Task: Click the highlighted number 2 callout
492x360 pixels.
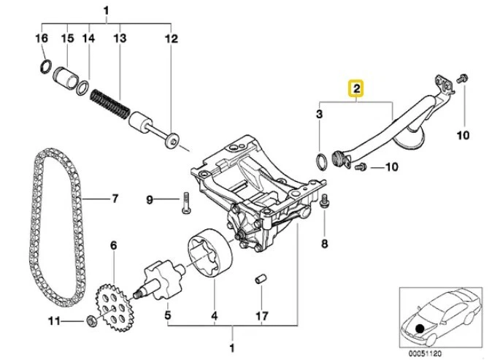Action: [355, 89]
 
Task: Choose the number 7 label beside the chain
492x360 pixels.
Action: [114, 198]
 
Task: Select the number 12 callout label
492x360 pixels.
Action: [172, 37]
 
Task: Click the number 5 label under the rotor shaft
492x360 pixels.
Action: [167, 316]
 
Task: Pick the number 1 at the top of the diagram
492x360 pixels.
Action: [107, 11]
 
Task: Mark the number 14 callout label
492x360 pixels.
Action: [89, 37]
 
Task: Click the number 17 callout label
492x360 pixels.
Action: [261, 316]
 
